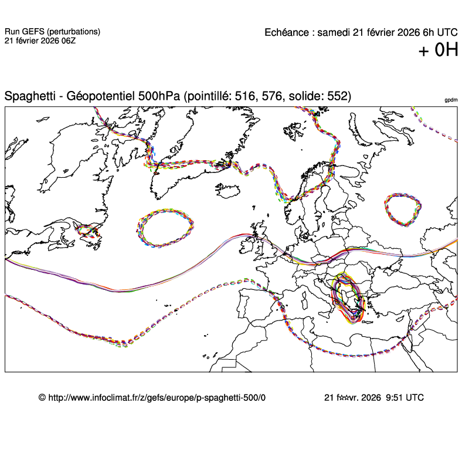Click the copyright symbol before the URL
[42, 397]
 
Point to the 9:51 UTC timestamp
[405, 397]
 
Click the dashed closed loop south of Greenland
[165, 228]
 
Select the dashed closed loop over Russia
[403, 209]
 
